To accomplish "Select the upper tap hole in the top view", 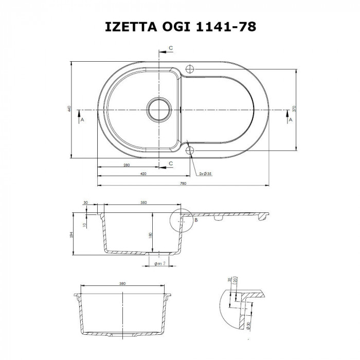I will tap(190, 68).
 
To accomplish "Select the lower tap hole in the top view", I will tap(191, 150).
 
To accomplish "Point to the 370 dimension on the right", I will tap(294, 109).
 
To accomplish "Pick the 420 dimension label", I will tap(143, 174).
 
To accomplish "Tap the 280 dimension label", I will tap(126, 165).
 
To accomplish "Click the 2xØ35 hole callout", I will tap(205, 174).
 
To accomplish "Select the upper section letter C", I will tap(171, 47).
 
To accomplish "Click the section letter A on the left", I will tap(81, 119).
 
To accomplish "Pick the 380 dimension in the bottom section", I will tap(122, 283).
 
